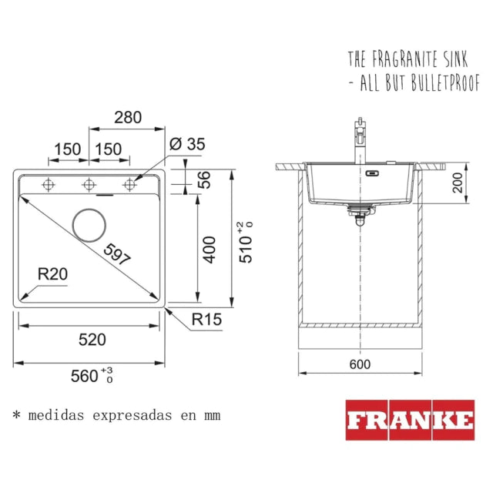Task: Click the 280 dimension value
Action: point(128,118)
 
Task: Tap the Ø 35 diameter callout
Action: point(187,144)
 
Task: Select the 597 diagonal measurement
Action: point(117,254)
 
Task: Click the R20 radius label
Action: point(52,274)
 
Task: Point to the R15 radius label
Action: point(206,320)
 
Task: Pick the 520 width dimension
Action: point(92,340)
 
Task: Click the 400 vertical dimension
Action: point(209,250)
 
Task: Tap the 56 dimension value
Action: point(204,179)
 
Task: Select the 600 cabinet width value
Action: point(360,364)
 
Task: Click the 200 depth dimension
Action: point(458,183)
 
